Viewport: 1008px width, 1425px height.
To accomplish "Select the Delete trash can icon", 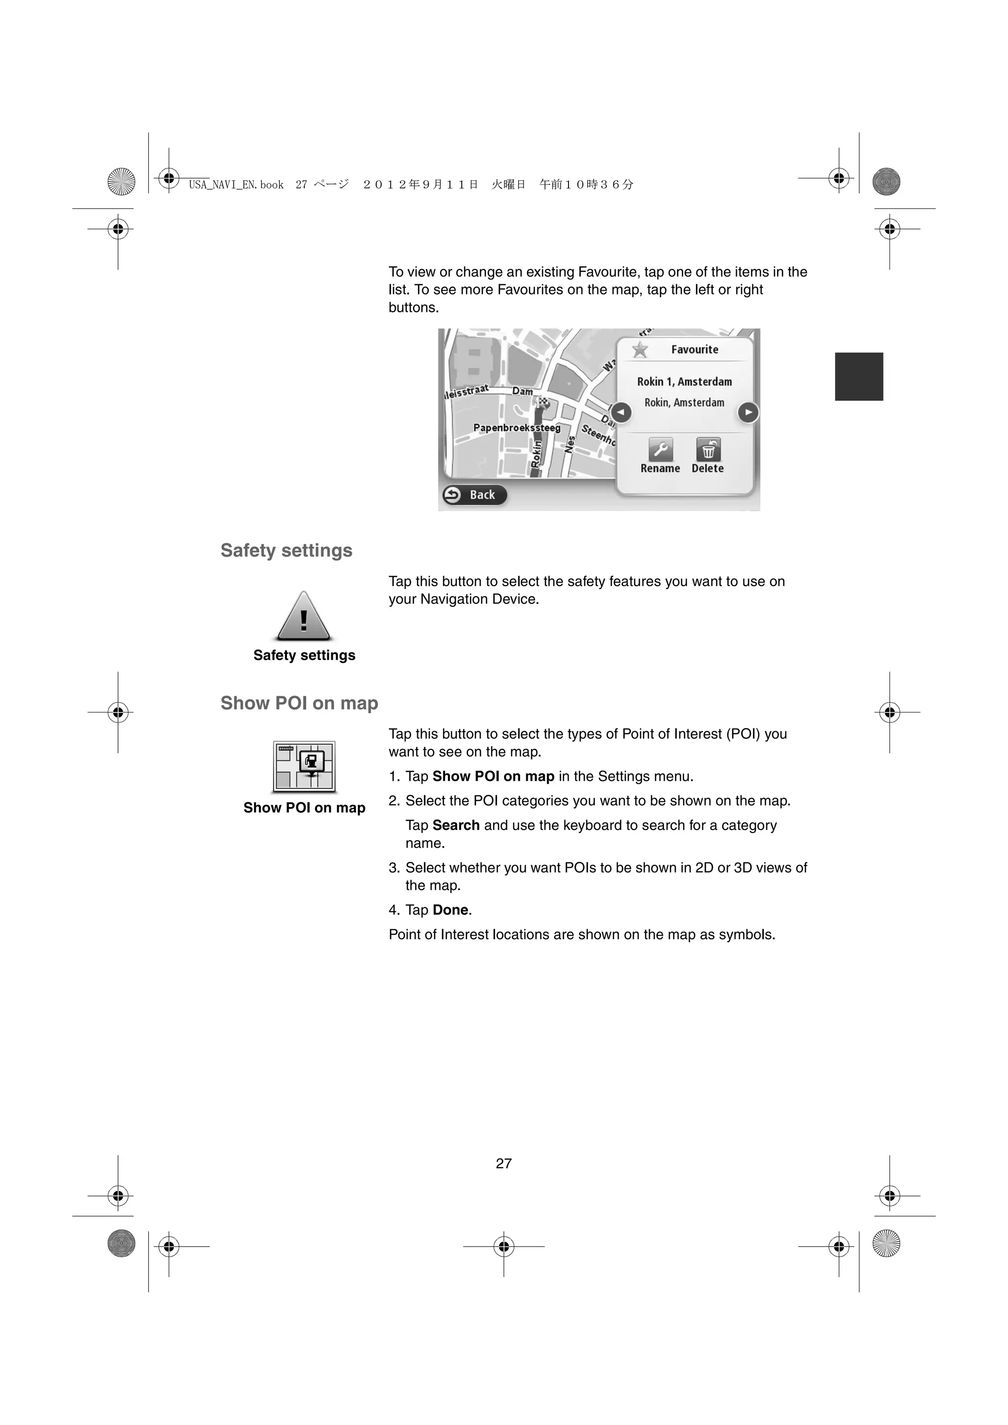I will point(708,449).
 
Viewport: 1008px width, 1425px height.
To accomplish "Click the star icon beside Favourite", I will point(640,350).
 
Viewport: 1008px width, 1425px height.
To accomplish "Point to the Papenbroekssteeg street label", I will point(517,428).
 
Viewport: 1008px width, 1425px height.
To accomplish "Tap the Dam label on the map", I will point(522,391).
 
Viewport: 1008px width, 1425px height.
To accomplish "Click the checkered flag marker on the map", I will point(543,402).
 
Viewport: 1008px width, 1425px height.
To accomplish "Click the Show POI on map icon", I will point(304,767).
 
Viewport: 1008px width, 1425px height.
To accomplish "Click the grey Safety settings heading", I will point(286,551).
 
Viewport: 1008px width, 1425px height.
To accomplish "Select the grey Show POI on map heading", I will point(299,703).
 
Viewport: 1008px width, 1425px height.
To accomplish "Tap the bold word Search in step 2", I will point(456,826).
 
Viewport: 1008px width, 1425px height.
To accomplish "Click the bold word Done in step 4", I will point(450,910).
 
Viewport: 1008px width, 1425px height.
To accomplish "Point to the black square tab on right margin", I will point(858,377).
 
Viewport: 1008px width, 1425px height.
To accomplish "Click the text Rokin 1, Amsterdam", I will point(685,382).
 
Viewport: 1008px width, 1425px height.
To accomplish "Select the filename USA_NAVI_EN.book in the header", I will point(236,185).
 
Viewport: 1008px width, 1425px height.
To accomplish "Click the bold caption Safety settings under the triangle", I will point(304,655).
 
